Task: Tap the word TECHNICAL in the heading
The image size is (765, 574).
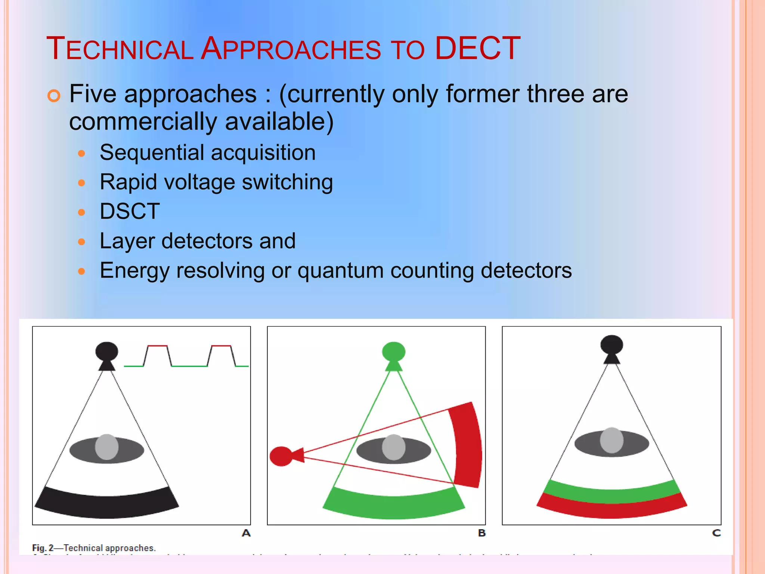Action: coord(120,49)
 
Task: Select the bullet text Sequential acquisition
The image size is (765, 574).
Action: coord(208,152)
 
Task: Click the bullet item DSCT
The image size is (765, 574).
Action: coord(130,211)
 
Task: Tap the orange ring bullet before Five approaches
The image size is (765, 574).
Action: coord(54,96)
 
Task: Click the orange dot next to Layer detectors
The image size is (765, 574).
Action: coord(81,242)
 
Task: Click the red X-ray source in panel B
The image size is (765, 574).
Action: coord(282,456)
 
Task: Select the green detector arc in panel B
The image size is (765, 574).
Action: coord(394,507)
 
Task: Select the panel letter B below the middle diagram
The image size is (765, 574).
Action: coord(482,533)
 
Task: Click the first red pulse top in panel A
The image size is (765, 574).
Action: coord(157,346)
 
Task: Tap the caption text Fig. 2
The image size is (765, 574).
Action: coord(43,548)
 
